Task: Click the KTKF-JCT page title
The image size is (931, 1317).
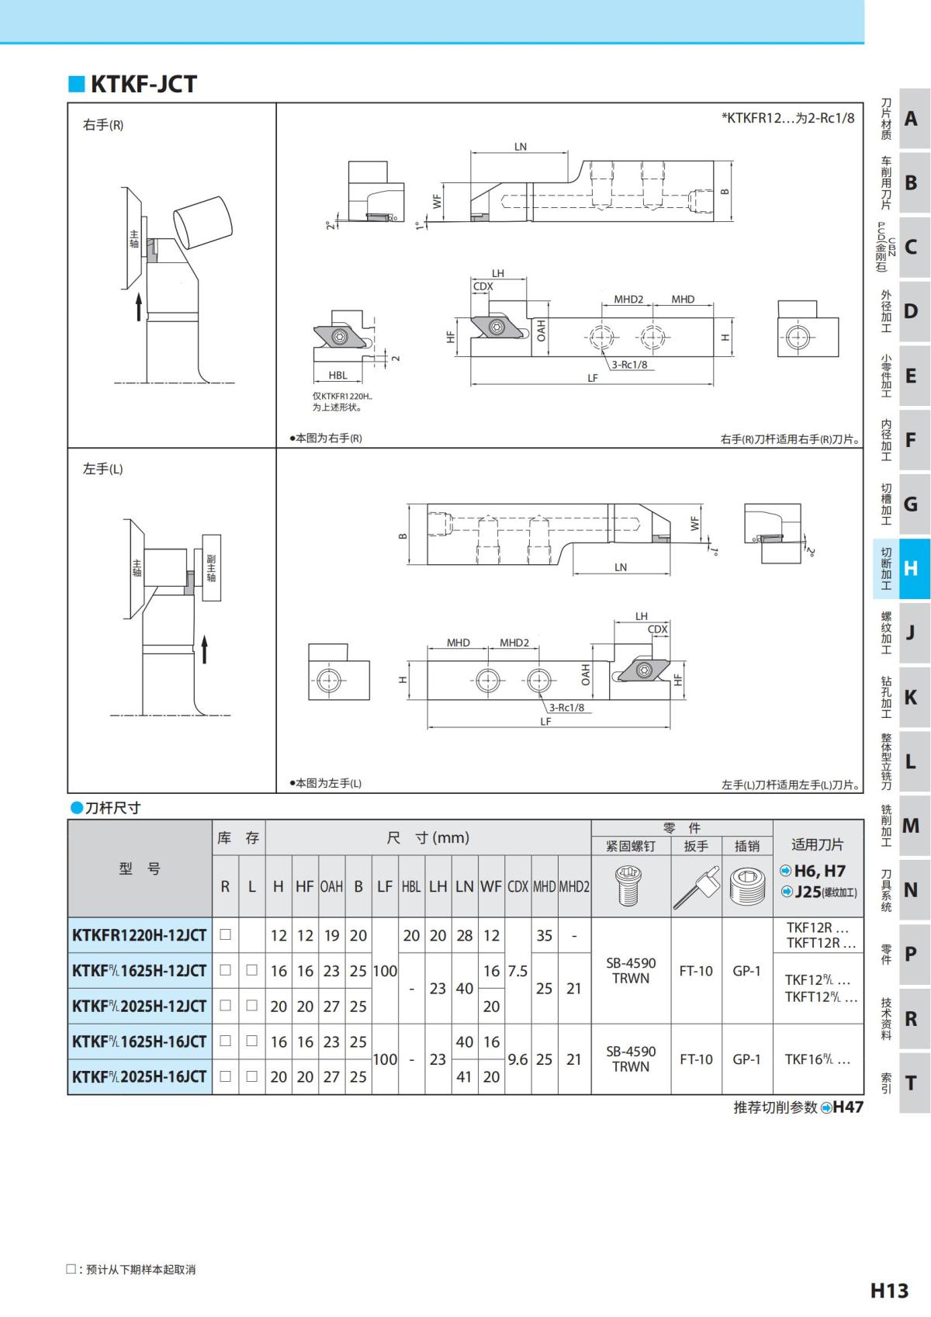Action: click(x=144, y=84)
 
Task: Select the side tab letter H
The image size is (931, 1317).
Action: click(x=910, y=568)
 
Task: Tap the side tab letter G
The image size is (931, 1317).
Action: click(x=910, y=504)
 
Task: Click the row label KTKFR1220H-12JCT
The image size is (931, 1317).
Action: click(x=140, y=935)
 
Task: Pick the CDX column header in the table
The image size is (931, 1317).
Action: click(x=517, y=886)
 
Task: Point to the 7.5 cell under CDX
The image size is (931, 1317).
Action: click(x=517, y=971)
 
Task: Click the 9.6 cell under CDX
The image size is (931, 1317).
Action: click(x=517, y=1059)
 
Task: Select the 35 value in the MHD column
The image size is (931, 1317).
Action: click(x=545, y=935)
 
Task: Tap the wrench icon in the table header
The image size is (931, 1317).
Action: click(x=697, y=886)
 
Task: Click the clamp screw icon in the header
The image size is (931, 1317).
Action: click(x=630, y=885)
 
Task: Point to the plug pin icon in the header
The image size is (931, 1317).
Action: click(x=747, y=886)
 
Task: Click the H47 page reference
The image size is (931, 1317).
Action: click(x=847, y=1107)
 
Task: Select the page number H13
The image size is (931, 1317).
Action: click(x=889, y=1291)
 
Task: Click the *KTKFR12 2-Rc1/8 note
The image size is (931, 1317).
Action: click(x=787, y=118)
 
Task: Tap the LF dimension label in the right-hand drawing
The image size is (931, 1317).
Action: click(x=593, y=378)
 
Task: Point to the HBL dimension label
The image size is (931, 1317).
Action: click(x=338, y=375)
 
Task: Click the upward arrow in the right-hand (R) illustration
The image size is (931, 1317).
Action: click(x=139, y=307)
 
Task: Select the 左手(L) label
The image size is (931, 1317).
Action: click(x=103, y=469)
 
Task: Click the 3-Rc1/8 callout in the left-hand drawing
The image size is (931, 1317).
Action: click(x=566, y=707)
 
